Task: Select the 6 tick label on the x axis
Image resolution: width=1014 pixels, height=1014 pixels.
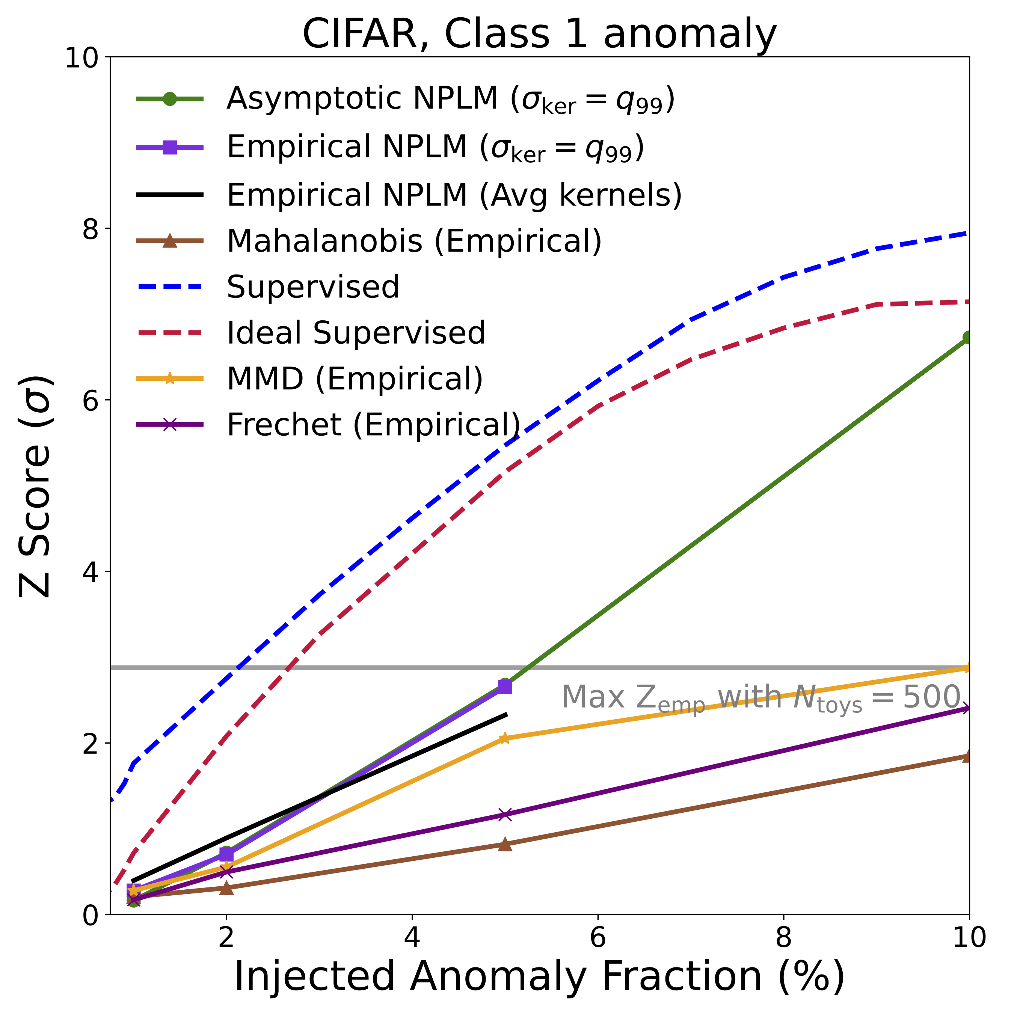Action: [598, 937]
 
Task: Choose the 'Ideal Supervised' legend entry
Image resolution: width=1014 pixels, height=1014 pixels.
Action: [356, 333]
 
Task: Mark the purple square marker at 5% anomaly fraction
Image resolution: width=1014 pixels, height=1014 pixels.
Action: [504, 687]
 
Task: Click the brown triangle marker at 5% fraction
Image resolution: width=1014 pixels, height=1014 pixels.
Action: [504, 844]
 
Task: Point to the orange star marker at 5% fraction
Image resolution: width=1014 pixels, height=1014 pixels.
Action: [504, 738]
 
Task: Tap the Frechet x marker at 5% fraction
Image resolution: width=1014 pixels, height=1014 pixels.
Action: [504, 815]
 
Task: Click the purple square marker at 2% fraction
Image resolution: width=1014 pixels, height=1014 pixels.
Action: [226, 855]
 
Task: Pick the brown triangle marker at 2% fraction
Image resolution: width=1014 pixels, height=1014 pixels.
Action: [226, 888]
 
